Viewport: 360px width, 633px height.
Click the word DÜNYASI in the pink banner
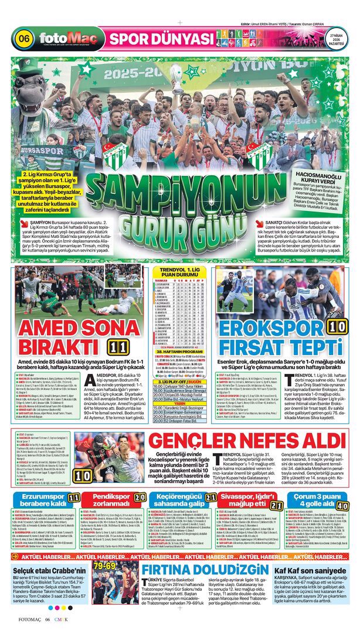(183, 39)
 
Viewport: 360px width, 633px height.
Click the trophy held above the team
(176, 78)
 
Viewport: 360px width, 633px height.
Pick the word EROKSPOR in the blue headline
(267, 325)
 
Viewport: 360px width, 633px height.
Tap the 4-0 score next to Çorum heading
(343, 506)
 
